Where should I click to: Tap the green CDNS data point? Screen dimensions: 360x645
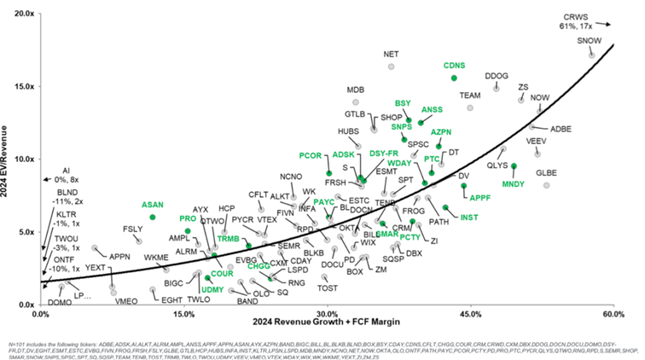454,78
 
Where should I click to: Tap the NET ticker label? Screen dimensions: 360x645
392,54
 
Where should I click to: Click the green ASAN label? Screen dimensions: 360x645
153,205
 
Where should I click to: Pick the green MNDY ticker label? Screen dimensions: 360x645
513,184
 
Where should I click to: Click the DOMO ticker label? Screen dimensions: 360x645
60,302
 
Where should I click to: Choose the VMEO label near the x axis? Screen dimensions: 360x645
125,301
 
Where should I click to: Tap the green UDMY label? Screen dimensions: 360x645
212,290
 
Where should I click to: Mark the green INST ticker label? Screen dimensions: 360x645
469,218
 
